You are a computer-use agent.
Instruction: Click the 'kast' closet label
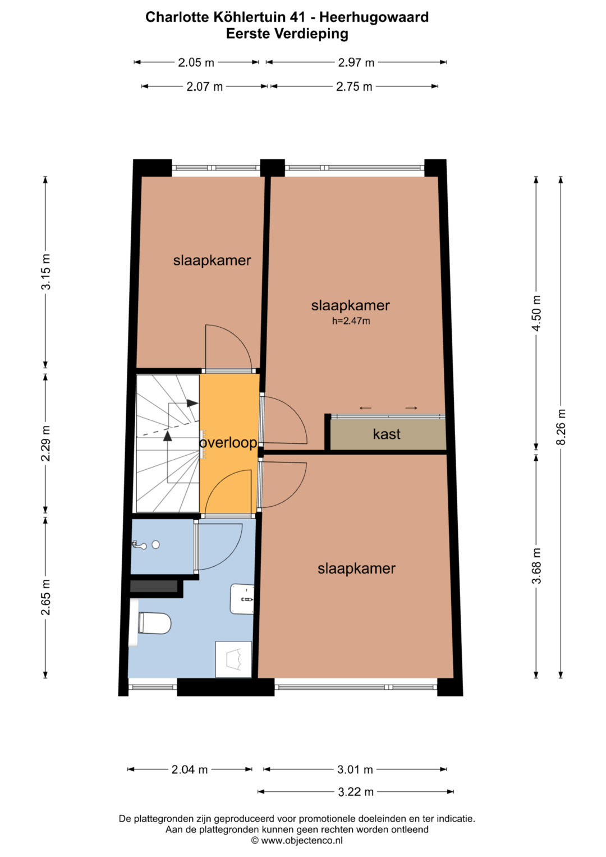[387, 434]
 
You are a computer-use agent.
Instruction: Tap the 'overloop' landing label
[228, 443]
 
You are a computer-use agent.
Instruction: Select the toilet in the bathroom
[154, 623]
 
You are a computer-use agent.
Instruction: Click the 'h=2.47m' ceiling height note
[351, 321]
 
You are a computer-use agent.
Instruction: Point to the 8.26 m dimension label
[561, 427]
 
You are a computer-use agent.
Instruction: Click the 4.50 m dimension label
[536, 313]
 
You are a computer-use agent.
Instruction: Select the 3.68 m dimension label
[536, 566]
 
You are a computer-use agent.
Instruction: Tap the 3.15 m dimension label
[45, 272]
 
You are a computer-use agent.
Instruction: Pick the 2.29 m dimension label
[45, 443]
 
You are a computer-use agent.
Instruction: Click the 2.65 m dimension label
[45, 597]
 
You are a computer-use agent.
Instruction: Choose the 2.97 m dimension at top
[356, 62]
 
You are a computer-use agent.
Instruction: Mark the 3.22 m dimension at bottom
[356, 791]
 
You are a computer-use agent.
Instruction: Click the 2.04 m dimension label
[190, 769]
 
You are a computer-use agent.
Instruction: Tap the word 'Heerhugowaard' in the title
[374, 17]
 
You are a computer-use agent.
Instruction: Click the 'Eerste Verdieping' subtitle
[287, 34]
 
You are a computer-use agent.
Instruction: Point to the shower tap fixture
[139, 545]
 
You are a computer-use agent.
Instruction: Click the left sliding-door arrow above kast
[365, 408]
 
